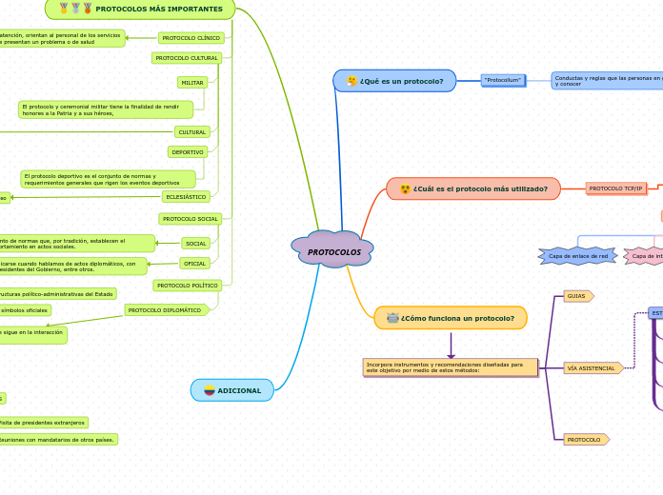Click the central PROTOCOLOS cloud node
tap(332, 251)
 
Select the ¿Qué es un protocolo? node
tap(394, 81)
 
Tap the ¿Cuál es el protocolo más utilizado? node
tap(472, 188)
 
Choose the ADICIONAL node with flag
tap(232, 390)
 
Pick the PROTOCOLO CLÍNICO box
tap(191, 38)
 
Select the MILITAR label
tap(192, 83)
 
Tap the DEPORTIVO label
tap(188, 152)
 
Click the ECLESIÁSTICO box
tap(186, 197)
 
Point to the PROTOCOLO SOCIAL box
tap(191, 219)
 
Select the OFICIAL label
tap(194, 264)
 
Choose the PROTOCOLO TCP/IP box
tap(615, 188)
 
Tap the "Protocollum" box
tap(503, 80)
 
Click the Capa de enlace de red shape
tap(577, 256)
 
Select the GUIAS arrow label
tap(577, 296)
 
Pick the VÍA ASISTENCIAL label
tap(593, 367)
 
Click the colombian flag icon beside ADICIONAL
tap(210, 390)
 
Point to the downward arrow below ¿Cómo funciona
tap(451, 346)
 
